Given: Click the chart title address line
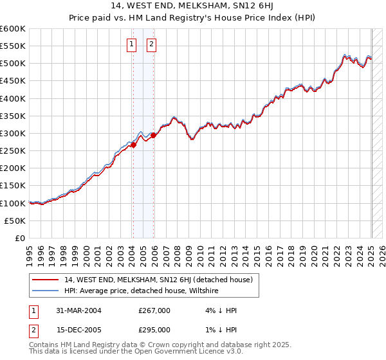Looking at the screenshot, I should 192,7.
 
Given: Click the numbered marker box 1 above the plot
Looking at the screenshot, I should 131,44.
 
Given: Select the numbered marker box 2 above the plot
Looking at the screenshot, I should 152,44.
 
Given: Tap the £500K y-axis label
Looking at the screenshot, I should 13,64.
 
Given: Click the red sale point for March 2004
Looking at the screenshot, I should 133,145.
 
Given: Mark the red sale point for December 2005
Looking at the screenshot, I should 153,136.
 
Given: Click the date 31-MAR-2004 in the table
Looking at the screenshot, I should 78,310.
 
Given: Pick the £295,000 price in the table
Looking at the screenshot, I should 154,330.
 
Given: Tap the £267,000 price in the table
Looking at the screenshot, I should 154,310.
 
